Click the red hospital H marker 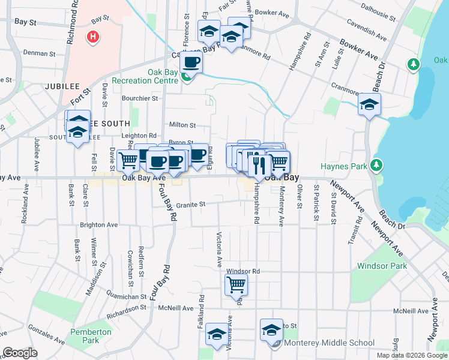tap(92, 37)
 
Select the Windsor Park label tap(382, 266)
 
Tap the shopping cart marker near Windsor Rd tap(236, 285)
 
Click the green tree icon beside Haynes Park tap(376, 164)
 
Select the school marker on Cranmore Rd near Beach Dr tap(370, 105)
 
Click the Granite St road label tap(191, 204)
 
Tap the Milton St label tap(182, 125)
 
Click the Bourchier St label tap(139, 98)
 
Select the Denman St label tap(39, 53)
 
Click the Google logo tap(20, 353)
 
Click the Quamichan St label tap(127, 296)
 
